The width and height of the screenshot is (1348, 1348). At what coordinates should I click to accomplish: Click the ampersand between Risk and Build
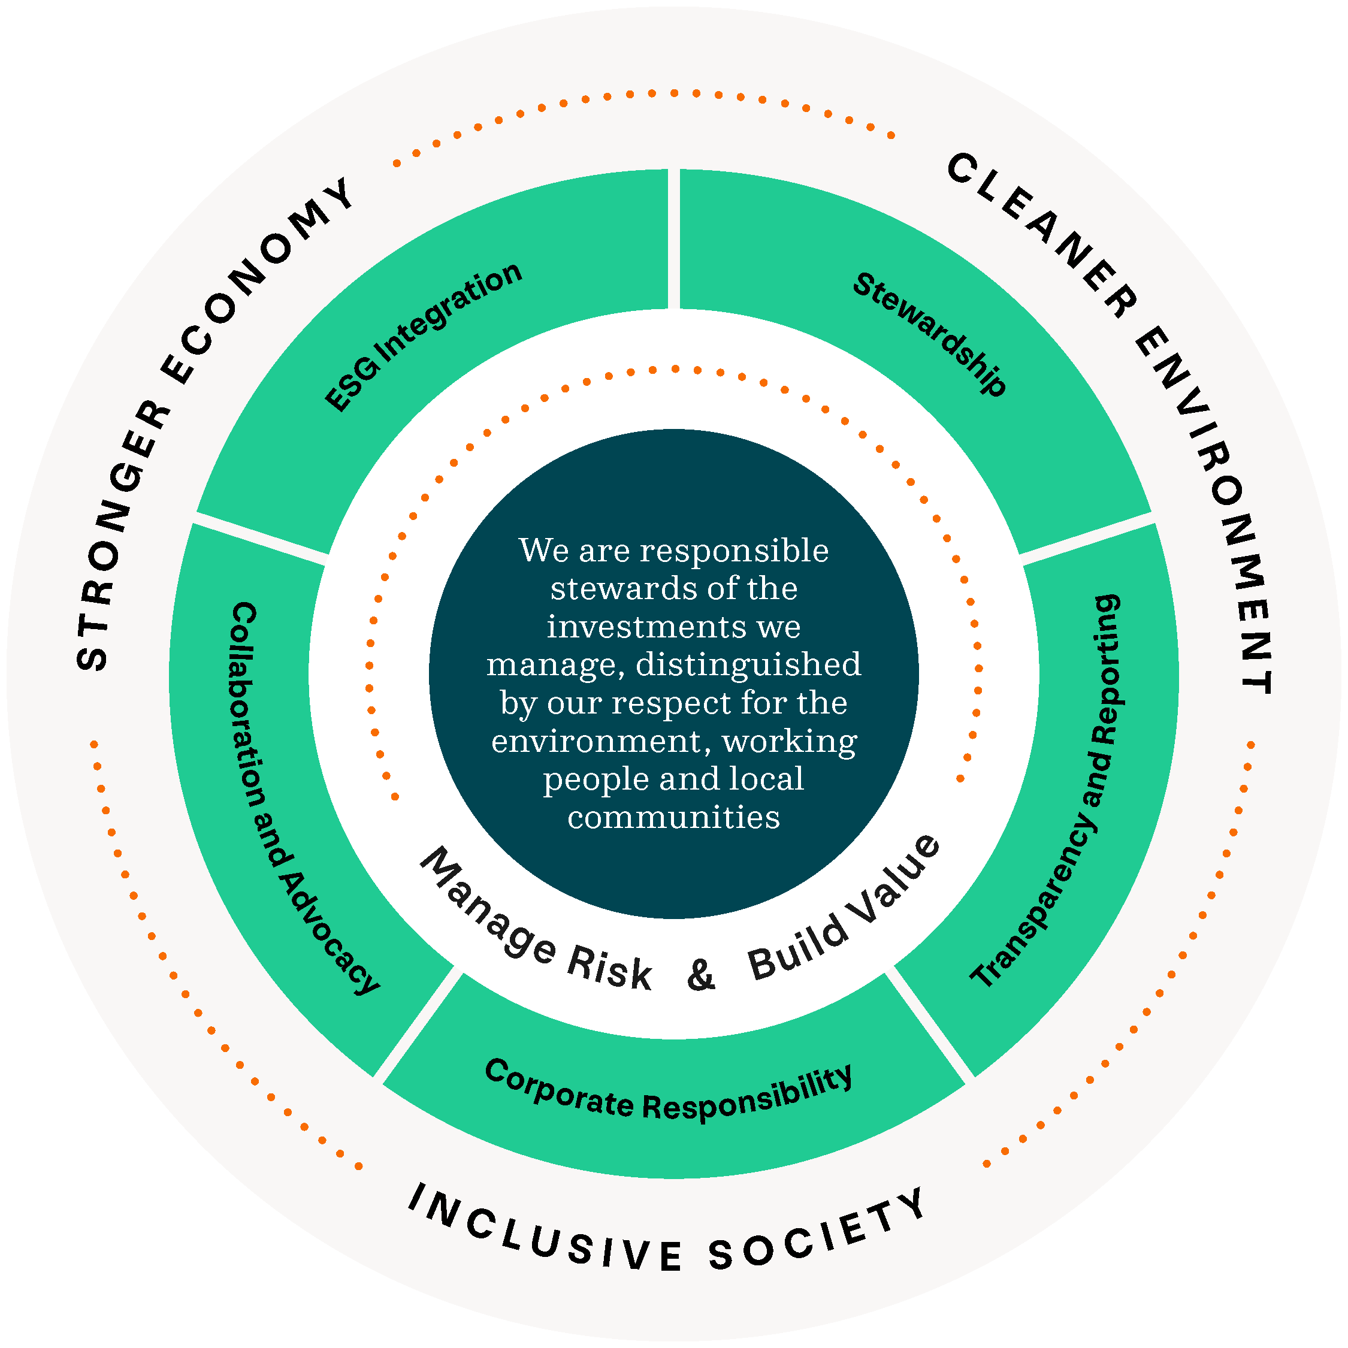tap(701, 975)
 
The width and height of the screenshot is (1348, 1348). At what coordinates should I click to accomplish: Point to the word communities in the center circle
tap(673, 817)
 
